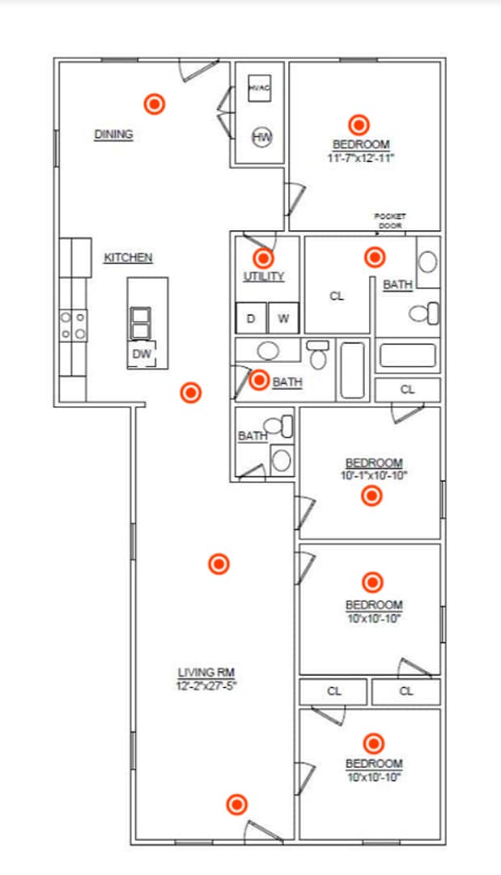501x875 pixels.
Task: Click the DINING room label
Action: (113, 134)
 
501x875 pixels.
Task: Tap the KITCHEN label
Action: (128, 258)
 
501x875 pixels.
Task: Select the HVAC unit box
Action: (259, 87)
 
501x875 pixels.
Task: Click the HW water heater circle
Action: (261, 138)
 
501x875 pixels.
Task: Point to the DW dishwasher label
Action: (141, 353)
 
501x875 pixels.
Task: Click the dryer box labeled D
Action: (251, 318)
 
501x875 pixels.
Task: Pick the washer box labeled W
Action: (283, 318)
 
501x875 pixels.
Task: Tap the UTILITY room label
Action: (264, 277)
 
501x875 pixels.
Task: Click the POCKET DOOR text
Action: (389, 220)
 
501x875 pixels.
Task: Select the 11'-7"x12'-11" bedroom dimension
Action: (360, 159)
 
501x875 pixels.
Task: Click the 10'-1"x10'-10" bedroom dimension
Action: (373, 475)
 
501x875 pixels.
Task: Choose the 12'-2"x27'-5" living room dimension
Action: (207, 685)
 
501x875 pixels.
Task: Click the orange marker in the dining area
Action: (154, 104)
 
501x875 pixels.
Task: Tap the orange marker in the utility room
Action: (263, 258)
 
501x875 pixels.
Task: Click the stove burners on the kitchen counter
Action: (73, 326)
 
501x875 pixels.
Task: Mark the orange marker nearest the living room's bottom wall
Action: (236, 805)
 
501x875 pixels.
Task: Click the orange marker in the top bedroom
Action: (359, 124)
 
